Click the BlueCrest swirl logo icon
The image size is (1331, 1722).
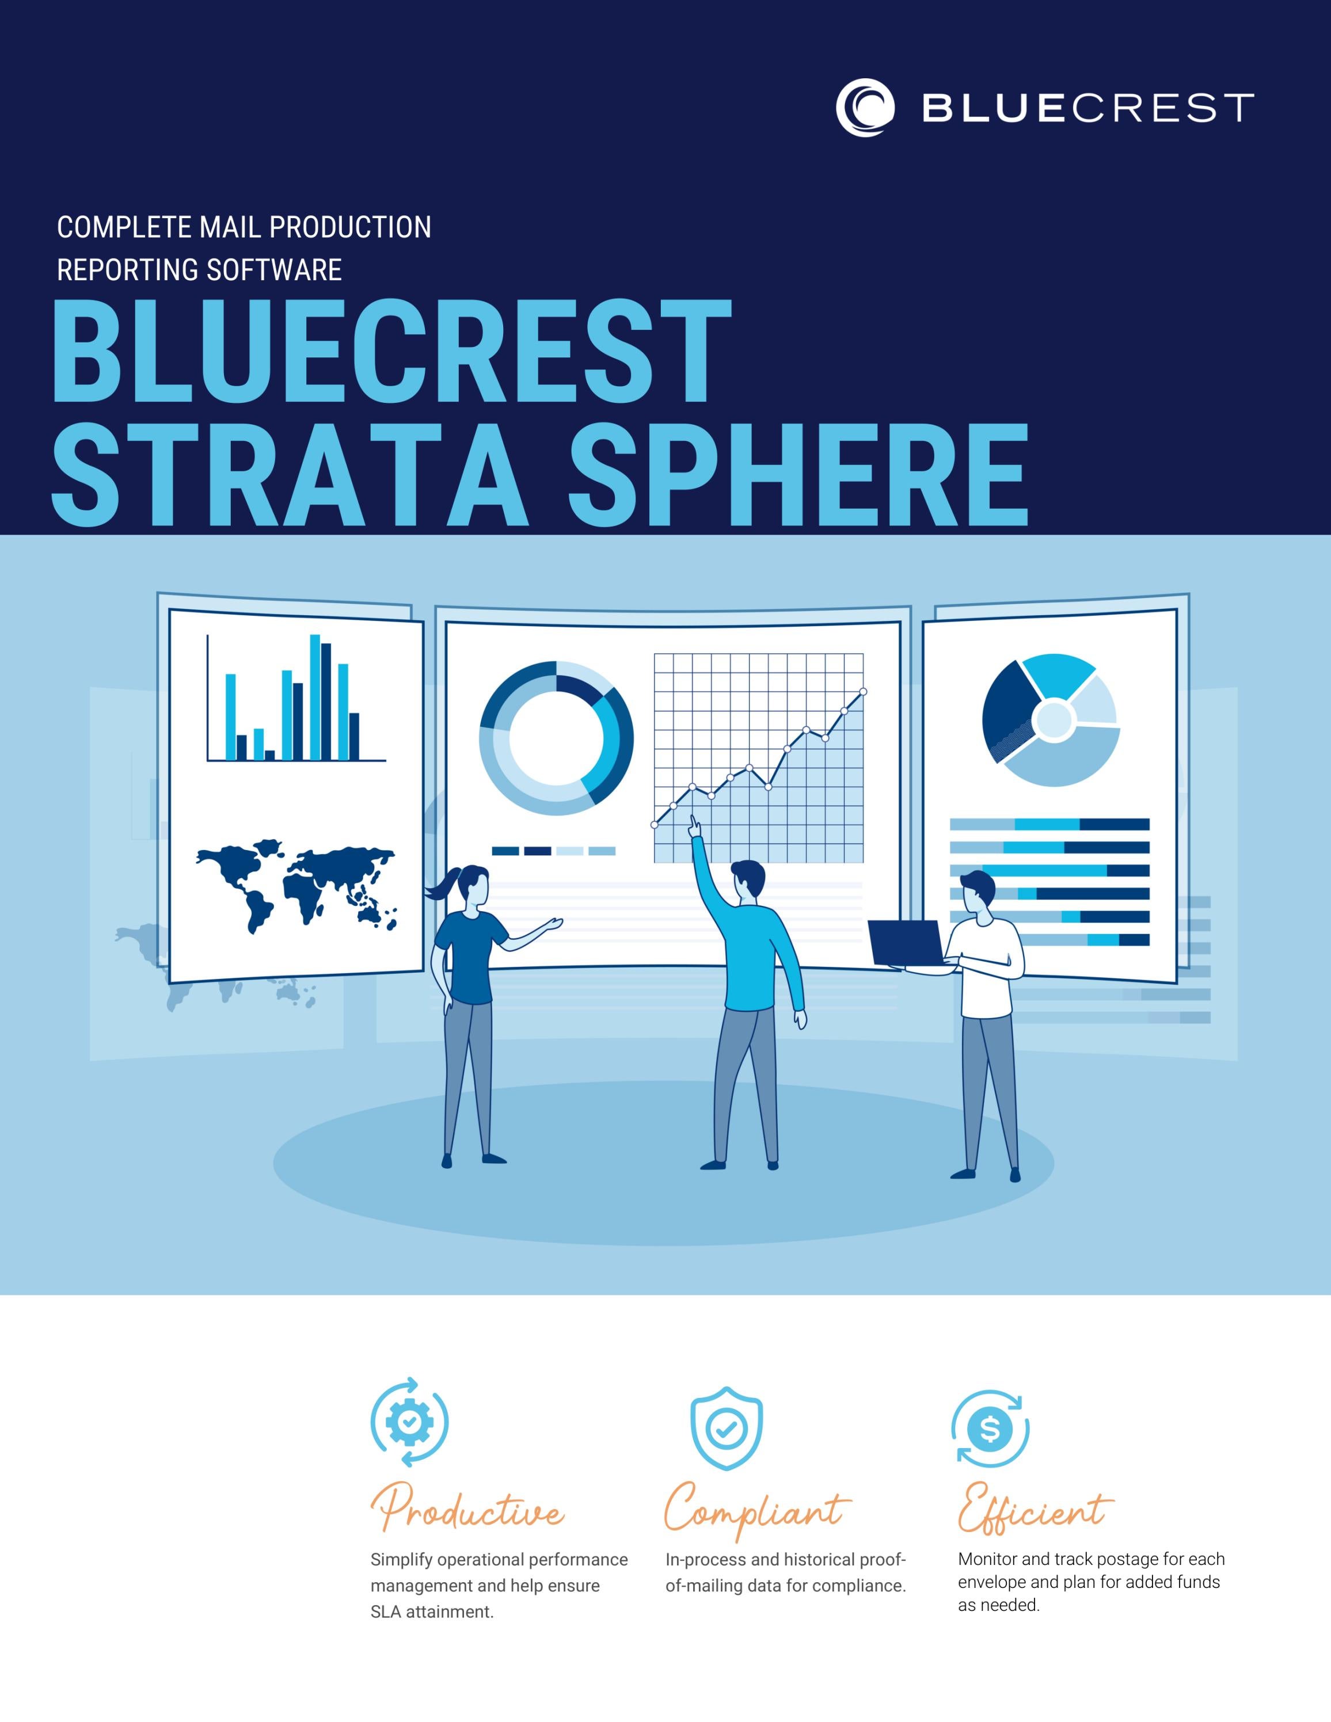[x=865, y=107]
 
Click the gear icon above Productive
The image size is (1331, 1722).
[x=409, y=1422]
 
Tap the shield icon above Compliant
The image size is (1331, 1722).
[x=726, y=1427]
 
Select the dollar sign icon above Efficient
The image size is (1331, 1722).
[x=990, y=1428]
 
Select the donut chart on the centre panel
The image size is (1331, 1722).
[x=556, y=738]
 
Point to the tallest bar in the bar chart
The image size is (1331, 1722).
[x=315, y=697]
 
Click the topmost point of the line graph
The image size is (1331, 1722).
[x=864, y=691]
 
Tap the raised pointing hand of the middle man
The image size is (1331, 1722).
[x=694, y=826]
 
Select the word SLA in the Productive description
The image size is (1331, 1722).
[x=386, y=1611]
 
